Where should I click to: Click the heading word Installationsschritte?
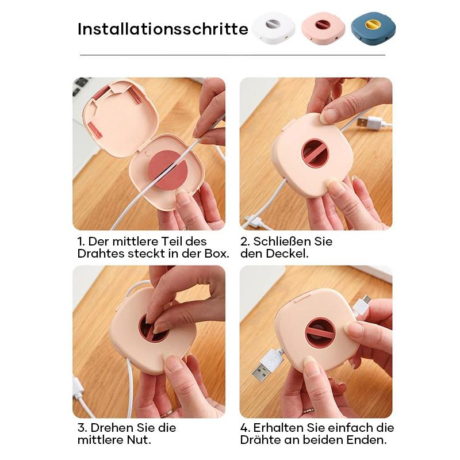(x=163, y=29)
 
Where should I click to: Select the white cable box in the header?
(x=274, y=28)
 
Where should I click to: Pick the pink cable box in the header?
(x=323, y=28)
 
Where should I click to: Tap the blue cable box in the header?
(x=373, y=28)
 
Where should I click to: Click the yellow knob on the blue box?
(x=373, y=24)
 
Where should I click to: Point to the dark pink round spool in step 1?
(x=168, y=170)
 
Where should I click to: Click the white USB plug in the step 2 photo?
(x=370, y=121)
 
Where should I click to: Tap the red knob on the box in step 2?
(x=315, y=153)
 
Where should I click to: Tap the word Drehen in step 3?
(x=112, y=428)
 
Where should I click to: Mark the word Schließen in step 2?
(x=281, y=241)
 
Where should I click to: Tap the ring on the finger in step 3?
(x=167, y=413)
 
